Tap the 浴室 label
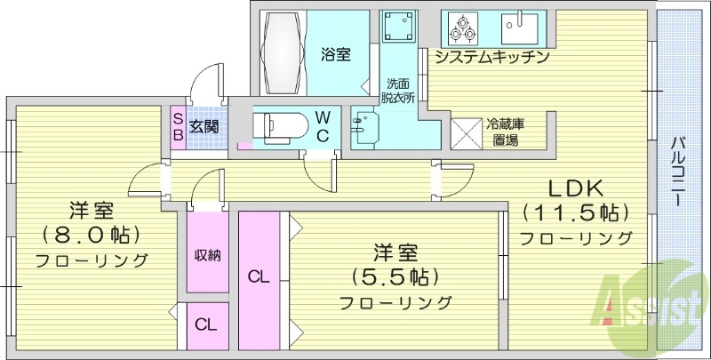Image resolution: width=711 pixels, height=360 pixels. click(x=335, y=55)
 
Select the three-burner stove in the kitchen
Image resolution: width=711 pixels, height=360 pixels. click(x=462, y=28)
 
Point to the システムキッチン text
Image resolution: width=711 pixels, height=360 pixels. click(x=491, y=58)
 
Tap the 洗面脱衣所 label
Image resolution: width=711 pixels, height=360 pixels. click(x=397, y=90)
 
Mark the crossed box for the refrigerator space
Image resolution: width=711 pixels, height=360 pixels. click(x=466, y=132)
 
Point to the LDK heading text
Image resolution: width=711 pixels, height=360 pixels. click(x=575, y=188)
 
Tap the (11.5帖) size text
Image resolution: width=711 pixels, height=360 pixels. click(x=575, y=213)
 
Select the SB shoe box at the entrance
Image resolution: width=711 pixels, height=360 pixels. click(x=178, y=126)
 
